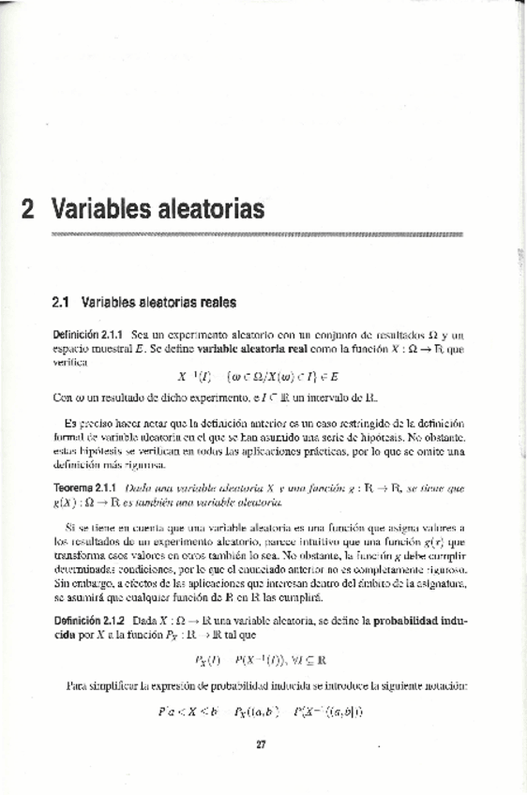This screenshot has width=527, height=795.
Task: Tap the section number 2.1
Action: (x=62, y=303)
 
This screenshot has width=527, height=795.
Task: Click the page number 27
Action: (x=262, y=745)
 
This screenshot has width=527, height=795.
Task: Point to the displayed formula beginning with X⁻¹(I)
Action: (x=258, y=377)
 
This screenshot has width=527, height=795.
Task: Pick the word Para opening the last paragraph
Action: (x=80, y=685)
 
